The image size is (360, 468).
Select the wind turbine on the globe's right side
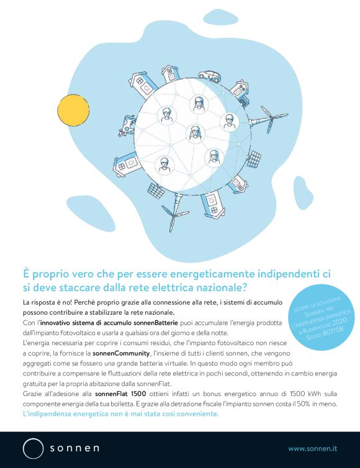pyautogui.click(x=273, y=119)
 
